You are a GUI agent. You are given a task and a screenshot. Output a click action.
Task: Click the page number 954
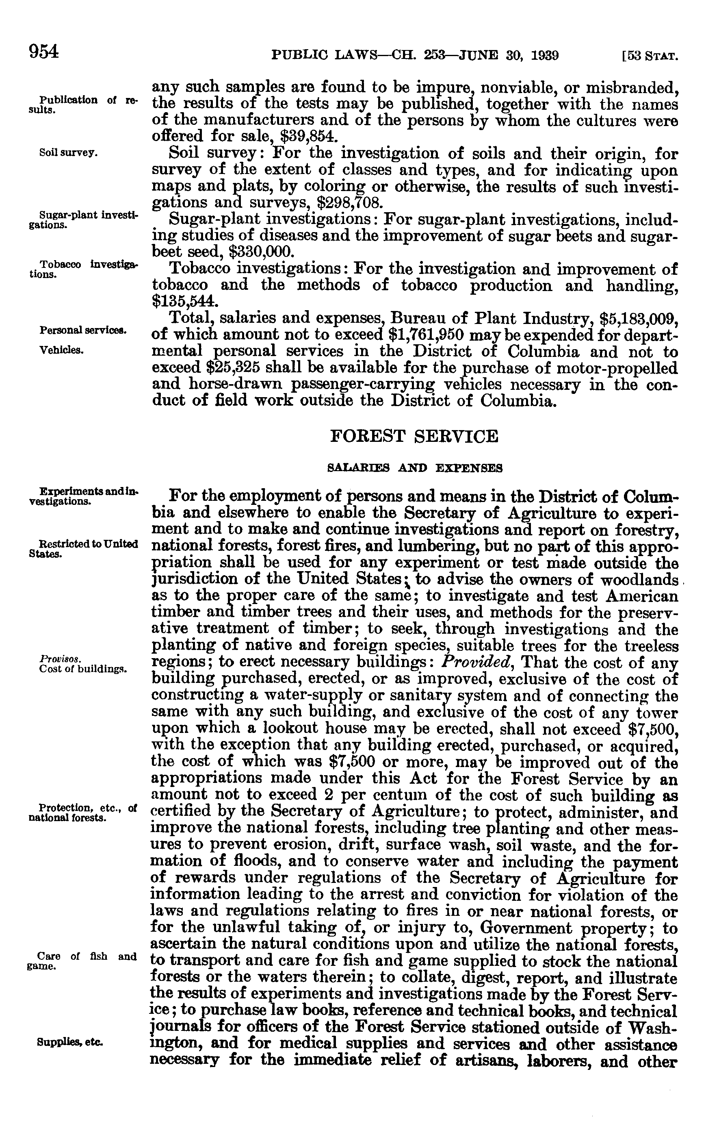coord(44,51)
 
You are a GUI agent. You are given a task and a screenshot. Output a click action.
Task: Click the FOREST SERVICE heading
coord(414,436)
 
